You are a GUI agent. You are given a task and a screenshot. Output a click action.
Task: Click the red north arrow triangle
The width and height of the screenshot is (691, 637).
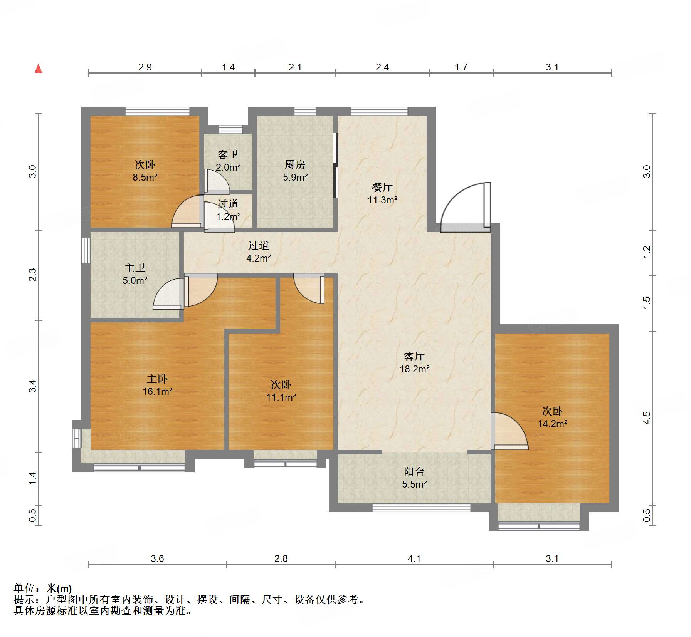coord(38,69)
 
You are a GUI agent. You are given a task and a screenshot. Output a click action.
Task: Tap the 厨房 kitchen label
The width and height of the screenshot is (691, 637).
coord(295,164)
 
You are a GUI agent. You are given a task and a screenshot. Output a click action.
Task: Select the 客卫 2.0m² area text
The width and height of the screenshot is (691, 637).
coord(228,167)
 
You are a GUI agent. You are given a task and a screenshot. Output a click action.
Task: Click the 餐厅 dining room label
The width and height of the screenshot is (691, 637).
coord(382,187)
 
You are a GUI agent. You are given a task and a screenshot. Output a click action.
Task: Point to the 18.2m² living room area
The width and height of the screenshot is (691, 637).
coord(414,369)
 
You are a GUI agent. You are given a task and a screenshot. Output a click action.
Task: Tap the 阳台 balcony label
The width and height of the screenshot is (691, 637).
coord(414,471)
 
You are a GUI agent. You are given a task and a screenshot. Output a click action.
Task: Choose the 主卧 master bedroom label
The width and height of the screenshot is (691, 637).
coord(157,379)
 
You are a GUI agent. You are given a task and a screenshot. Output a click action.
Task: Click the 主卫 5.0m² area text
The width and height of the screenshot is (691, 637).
coord(135,280)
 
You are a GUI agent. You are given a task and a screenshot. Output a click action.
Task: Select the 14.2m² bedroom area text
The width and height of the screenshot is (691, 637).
coord(552,424)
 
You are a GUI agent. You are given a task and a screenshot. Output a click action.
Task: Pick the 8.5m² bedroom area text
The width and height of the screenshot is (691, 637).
coord(145,177)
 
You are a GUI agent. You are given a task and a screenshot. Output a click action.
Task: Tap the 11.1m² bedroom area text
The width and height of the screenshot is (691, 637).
coord(281,397)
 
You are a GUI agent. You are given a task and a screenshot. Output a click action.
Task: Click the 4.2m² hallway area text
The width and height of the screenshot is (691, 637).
coord(259,258)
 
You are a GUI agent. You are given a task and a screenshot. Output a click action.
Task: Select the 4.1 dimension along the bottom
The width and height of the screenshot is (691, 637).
coord(414,558)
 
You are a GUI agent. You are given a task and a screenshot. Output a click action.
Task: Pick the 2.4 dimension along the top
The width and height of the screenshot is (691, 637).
coord(382,67)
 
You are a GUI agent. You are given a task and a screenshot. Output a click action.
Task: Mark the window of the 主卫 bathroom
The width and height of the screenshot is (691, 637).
coord(86,250)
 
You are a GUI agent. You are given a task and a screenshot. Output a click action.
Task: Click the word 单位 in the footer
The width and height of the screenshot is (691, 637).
coord(24,588)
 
